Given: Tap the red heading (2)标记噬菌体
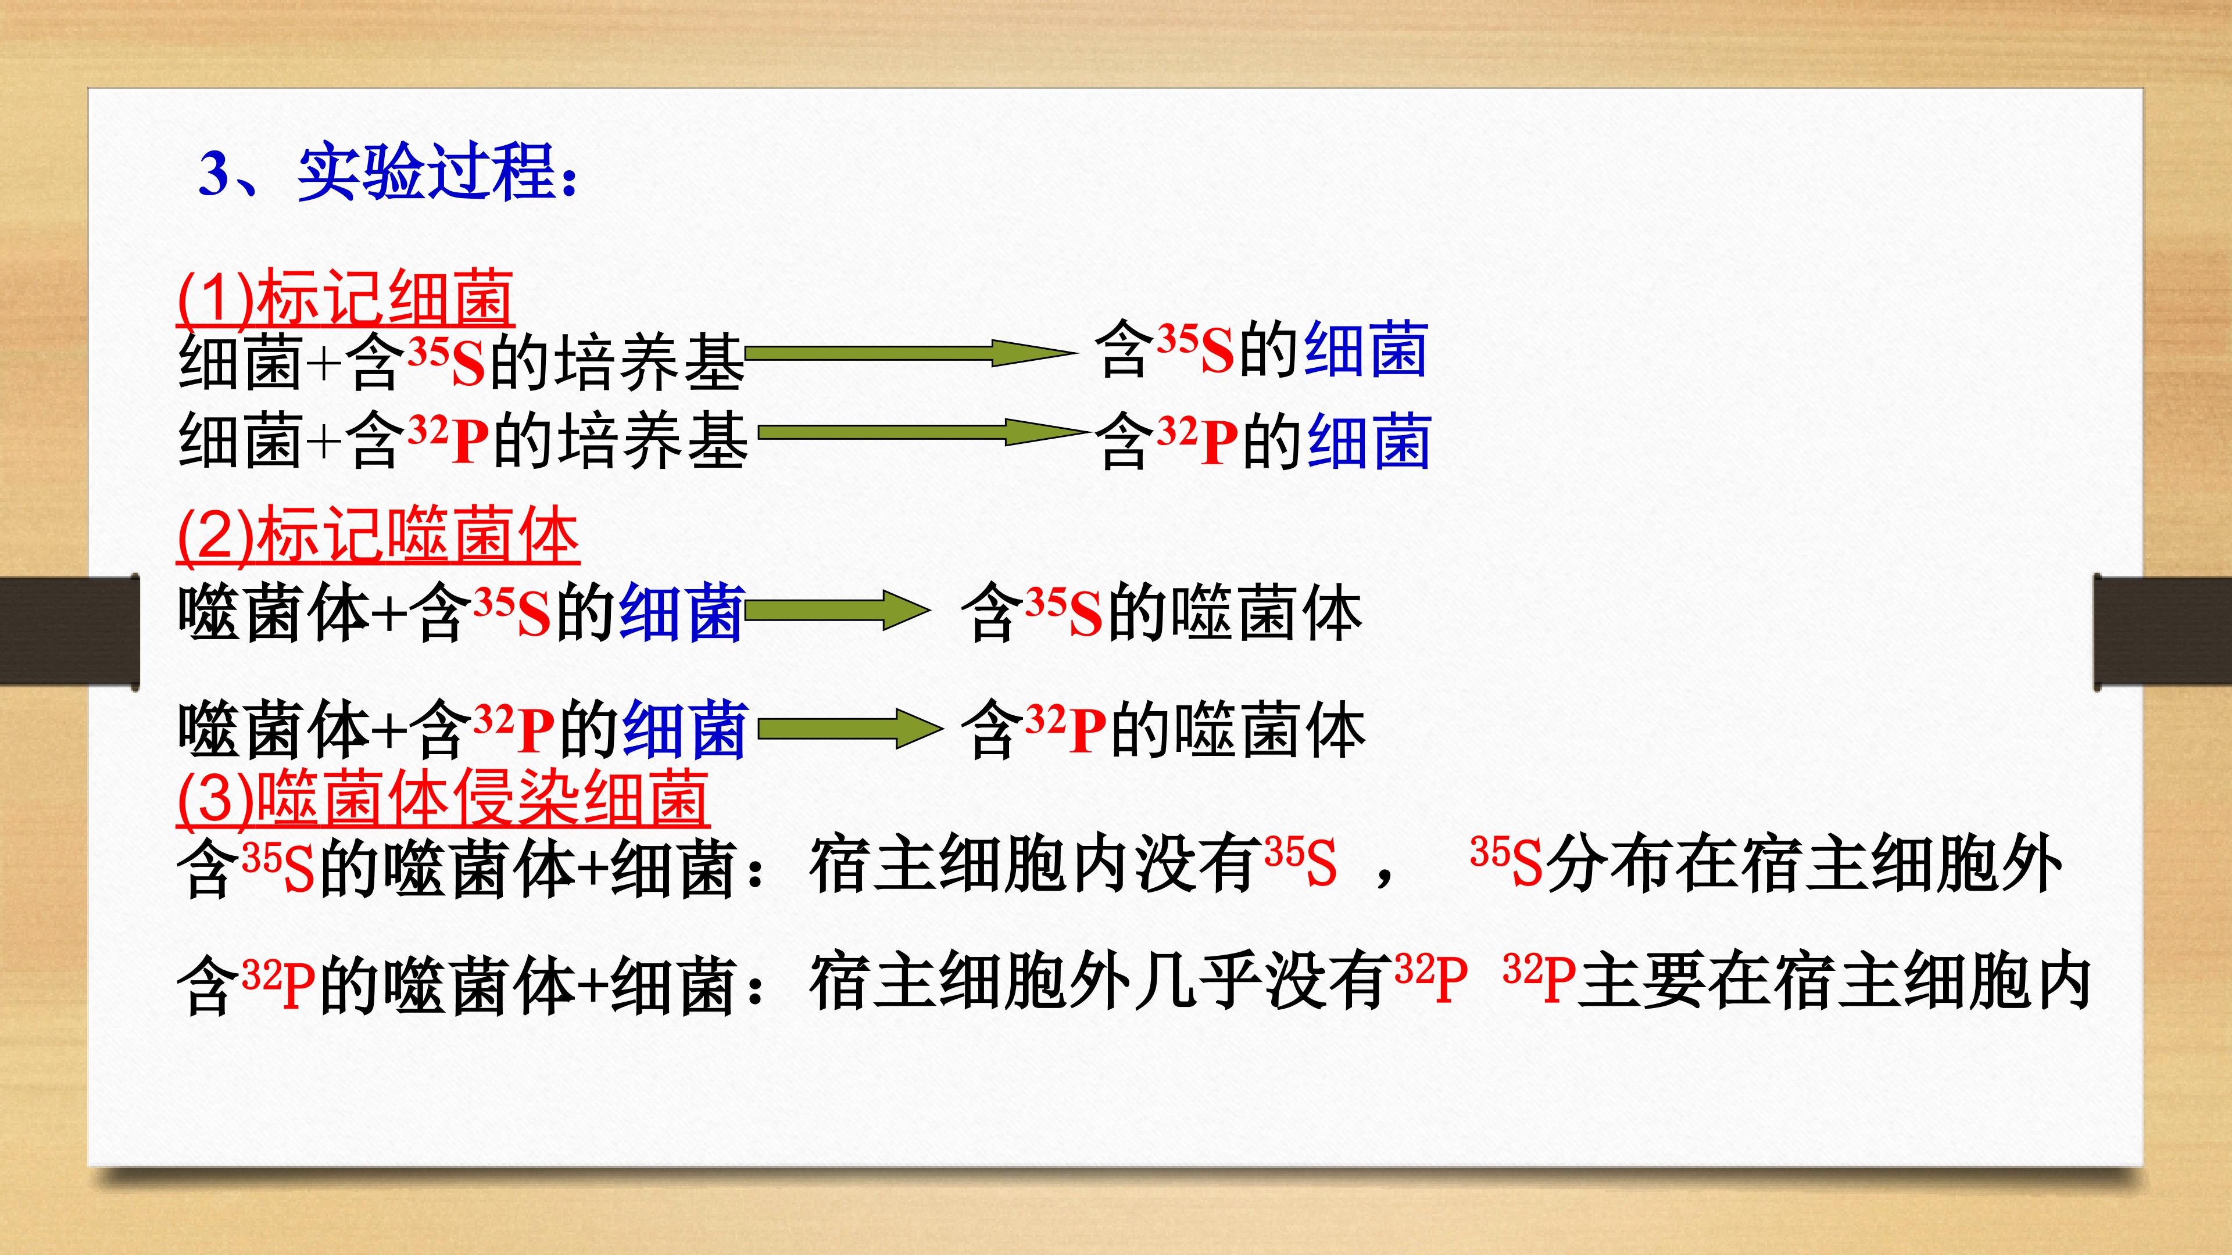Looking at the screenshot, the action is (378, 535).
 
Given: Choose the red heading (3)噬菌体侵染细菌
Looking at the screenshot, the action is (443, 797).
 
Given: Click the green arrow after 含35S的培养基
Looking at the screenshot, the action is (910, 353).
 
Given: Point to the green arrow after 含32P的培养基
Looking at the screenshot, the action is (924, 432).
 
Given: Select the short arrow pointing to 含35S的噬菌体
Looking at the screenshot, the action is (837, 611).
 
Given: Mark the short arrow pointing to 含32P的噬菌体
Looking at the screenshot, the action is (850, 729).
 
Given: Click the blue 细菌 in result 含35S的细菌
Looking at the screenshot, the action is (1365, 349).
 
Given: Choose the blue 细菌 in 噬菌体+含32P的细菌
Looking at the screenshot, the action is (685, 730).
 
